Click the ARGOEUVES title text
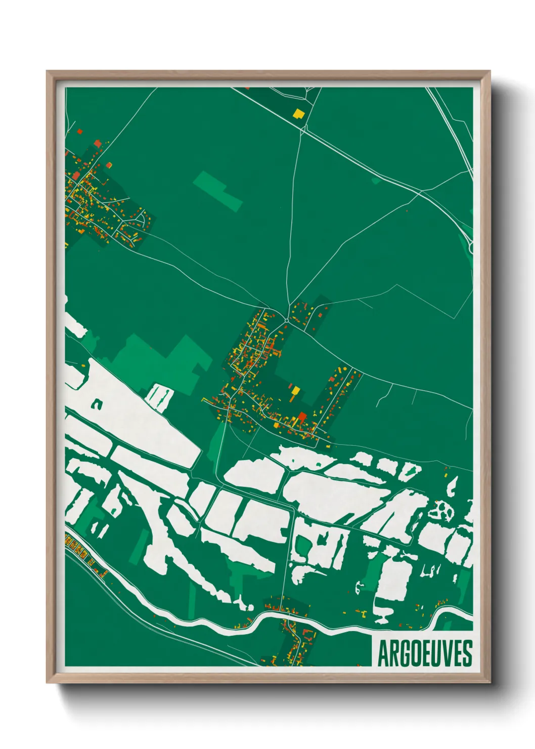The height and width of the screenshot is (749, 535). tap(425, 653)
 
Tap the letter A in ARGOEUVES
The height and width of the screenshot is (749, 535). tap(383, 653)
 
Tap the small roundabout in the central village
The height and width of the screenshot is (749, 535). tap(287, 320)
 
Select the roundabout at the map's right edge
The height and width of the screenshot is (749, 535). tap(471, 247)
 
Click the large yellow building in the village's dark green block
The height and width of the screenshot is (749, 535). tap(296, 391)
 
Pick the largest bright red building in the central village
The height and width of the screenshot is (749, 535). tap(302, 417)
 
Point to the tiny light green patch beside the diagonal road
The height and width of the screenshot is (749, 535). tap(375, 180)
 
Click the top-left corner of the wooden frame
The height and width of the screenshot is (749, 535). tap(47, 71)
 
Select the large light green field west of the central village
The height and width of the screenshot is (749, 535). tap(162, 359)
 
